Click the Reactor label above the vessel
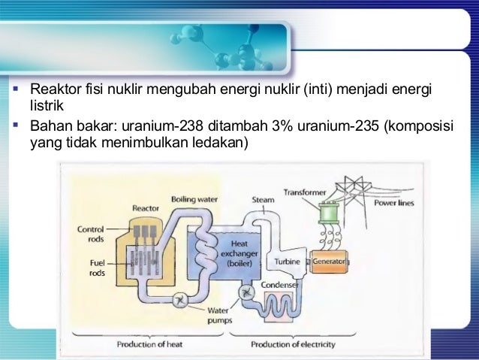point(145,208)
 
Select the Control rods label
point(90,233)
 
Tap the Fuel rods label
point(97,268)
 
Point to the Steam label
point(263,200)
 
